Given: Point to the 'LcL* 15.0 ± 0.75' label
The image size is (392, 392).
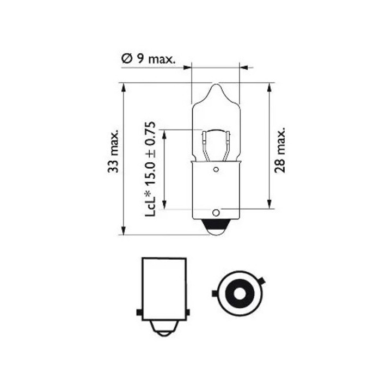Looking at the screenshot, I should [151, 169].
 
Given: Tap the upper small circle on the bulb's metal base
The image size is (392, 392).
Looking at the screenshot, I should [216, 170].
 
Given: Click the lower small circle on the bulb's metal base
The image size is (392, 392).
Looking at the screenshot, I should [216, 212].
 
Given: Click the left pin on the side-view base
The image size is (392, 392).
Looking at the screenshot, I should [139, 313].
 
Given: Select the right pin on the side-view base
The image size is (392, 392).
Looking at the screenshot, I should [188, 313].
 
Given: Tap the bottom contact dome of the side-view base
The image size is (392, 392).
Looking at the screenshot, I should [163, 329].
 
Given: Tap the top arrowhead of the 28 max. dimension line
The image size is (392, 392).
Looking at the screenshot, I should [270, 87].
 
